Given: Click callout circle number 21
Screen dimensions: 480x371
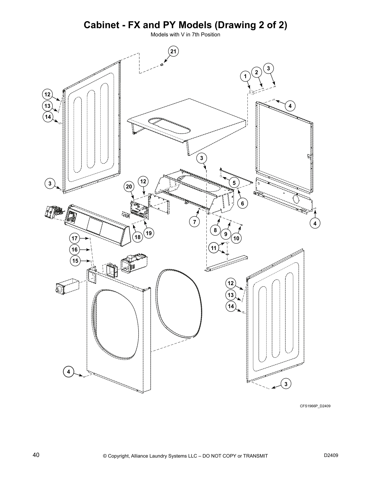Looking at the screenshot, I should [173, 52].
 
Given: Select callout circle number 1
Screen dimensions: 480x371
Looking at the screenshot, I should [245, 76].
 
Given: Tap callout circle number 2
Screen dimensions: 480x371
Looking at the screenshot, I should [256, 72].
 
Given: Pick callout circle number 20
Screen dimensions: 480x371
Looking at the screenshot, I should [129, 187].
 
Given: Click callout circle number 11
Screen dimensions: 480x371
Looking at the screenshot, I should [214, 248].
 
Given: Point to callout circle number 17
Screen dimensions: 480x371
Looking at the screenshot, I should [75, 238].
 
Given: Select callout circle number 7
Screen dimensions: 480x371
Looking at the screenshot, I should [194, 222].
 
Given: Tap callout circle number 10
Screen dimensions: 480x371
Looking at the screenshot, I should [236, 238].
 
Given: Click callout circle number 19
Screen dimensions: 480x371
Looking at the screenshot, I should [149, 233].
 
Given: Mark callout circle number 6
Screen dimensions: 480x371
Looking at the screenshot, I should [242, 204].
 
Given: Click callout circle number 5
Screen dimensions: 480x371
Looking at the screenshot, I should [234, 183].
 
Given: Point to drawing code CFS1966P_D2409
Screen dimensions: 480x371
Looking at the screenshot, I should [315, 406].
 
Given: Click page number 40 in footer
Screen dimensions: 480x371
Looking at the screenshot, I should [36, 455].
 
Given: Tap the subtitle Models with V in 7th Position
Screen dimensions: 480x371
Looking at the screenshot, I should [185, 35].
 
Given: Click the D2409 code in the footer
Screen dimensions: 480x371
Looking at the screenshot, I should [331, 455].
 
